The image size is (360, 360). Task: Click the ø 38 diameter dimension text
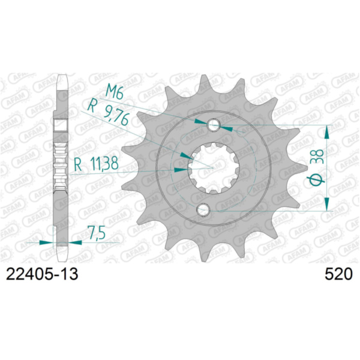click(x=319, y=169)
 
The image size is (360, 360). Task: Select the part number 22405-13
click(x=41, y=274)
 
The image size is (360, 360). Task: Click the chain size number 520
click(x=338, y=274)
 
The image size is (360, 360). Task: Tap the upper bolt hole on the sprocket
click(x=214, y=125)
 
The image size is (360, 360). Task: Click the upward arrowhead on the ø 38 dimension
click(x=327, y=130)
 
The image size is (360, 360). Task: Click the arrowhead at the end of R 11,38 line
click(x=179, y=170)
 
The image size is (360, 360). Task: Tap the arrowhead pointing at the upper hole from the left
click(x=201, y=122)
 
